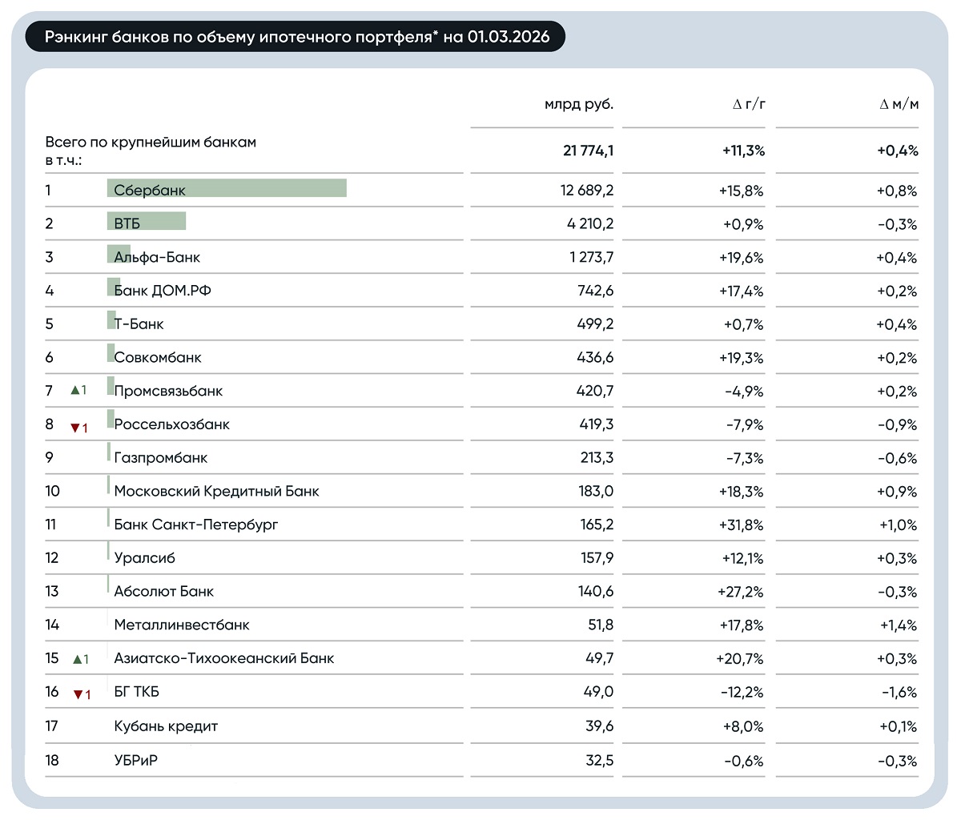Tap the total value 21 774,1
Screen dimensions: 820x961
(588, 151)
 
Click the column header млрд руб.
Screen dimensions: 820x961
(578, 104)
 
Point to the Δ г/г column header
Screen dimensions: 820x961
(749, 104)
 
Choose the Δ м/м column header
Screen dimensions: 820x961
(899, 104)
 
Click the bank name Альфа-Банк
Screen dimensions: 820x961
(157, 257)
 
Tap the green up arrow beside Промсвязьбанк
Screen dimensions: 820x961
(75, 390)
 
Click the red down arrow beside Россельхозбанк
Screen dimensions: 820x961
(75, 428)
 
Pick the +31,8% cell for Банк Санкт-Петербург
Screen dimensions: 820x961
(741, 525)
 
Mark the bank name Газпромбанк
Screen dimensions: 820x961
(160, 458)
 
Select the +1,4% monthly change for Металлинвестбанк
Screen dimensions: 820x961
(898, 625)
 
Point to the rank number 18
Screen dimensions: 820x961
(52, 760)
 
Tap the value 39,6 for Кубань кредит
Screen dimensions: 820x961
(599, 726)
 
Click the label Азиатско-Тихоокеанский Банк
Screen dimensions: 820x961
(224, 658)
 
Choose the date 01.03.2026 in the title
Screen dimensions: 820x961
(509, 37)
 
